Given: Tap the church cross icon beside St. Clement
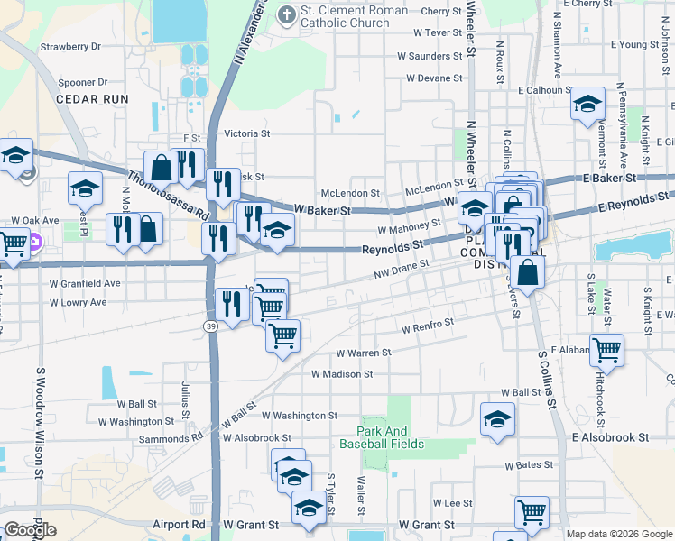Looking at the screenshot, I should [286, 14].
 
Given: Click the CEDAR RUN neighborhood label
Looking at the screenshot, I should [92, 99].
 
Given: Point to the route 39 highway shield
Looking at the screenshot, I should [210, 326].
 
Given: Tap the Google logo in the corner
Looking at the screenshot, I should [30, 530].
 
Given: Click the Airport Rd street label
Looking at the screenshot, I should [179, 524].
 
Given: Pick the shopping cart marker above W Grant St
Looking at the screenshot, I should [532, 511].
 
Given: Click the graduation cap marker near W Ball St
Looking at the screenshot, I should [496, 420].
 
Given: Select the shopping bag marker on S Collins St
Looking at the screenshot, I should [527, 270].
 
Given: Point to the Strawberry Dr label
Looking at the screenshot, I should [70, 45].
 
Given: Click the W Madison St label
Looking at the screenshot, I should [342, 373].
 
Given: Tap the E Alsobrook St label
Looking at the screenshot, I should [610, 436].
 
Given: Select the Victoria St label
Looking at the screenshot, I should [246, 133].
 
